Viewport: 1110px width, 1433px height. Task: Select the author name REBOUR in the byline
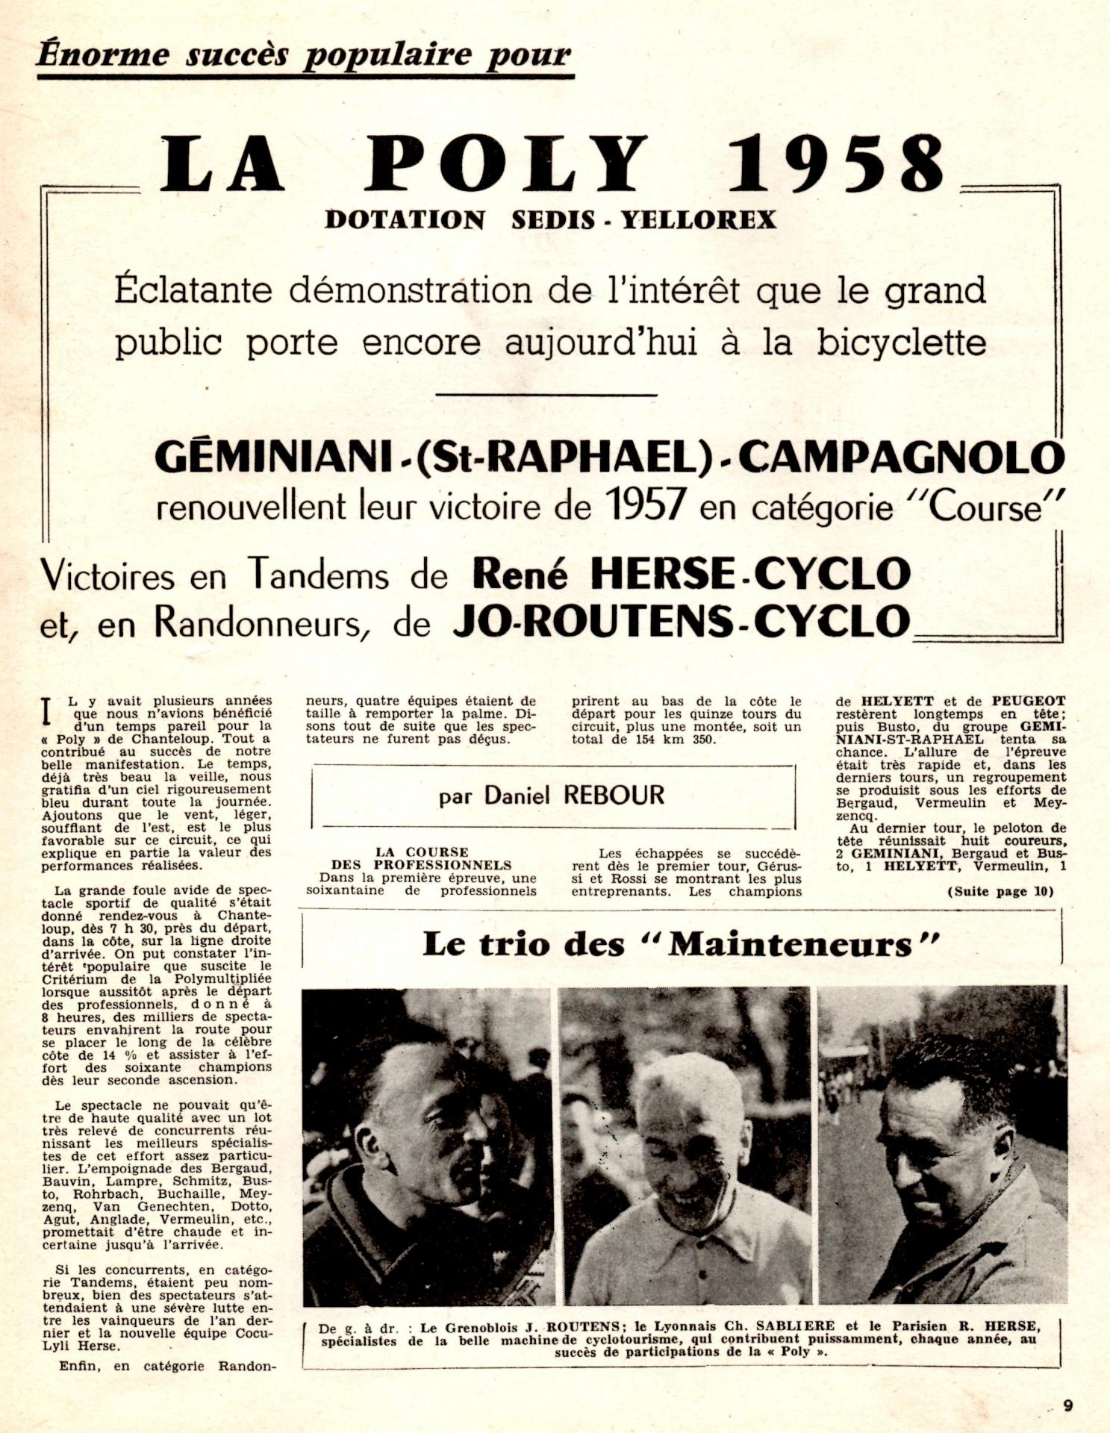coord(614,796)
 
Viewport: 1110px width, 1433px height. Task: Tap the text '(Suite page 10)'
coord(1000,892)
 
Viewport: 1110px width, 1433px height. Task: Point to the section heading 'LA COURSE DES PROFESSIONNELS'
coord(422,858)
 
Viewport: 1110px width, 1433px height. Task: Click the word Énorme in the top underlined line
coord(102,54)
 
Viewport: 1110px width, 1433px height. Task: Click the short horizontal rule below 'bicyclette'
coord(545,395)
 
